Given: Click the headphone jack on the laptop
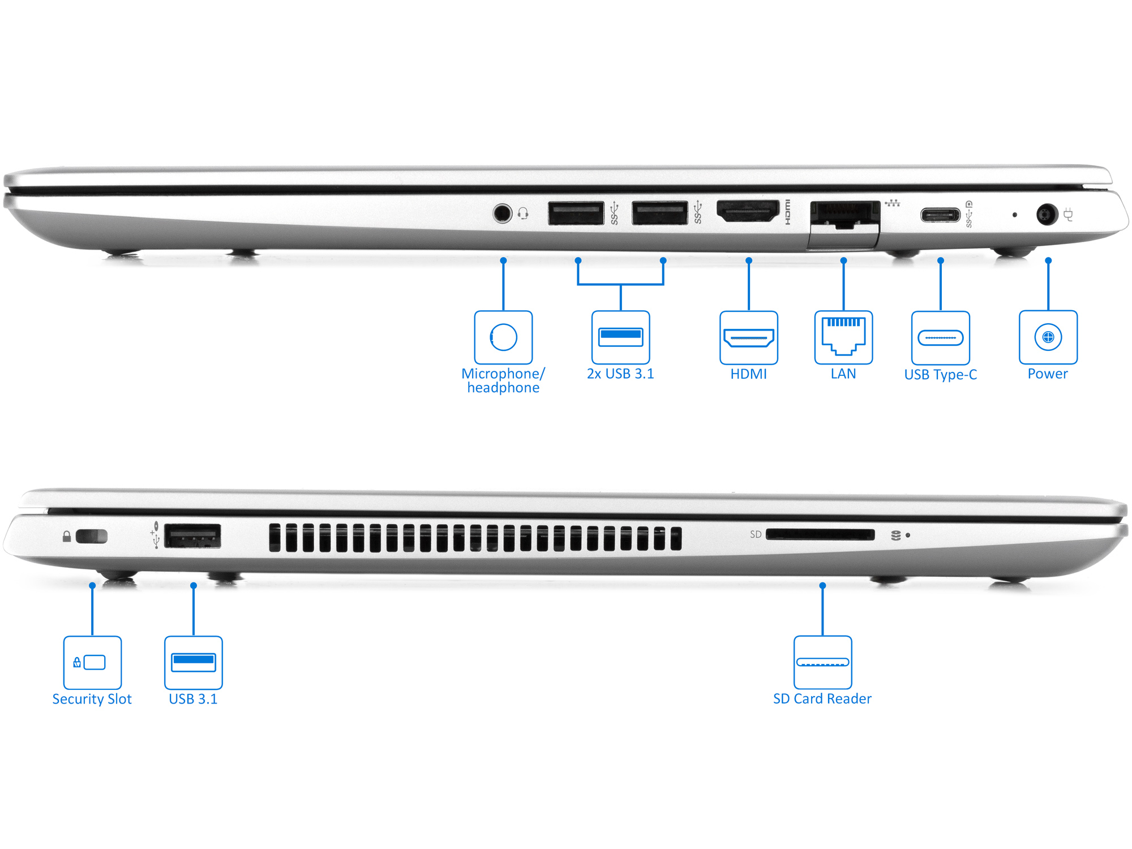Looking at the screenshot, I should (502, 213).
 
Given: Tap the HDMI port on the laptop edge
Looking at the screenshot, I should (748, 212).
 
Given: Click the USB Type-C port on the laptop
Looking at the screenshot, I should (940, 215).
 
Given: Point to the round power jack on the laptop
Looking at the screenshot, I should (1047, 215).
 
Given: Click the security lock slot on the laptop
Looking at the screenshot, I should (92, 536).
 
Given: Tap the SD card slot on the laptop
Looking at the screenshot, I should (820, 535).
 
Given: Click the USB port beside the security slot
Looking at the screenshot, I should (192, 536).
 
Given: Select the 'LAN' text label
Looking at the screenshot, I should (843, 374).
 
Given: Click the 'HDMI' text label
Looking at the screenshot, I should (748, 374).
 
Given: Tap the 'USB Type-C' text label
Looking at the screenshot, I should (940, 375).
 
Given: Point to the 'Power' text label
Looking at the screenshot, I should (1048, 374).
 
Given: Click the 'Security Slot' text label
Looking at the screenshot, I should (92, 699).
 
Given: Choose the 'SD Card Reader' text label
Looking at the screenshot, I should (822, 699).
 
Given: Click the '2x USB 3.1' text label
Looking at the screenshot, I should (620, 374).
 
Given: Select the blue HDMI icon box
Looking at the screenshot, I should (748, 337).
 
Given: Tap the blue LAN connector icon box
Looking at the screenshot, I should (843, 337).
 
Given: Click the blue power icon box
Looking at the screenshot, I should (1048, 337).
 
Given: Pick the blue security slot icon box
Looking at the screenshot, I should (92, 662).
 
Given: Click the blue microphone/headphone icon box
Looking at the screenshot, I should (503, 337).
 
